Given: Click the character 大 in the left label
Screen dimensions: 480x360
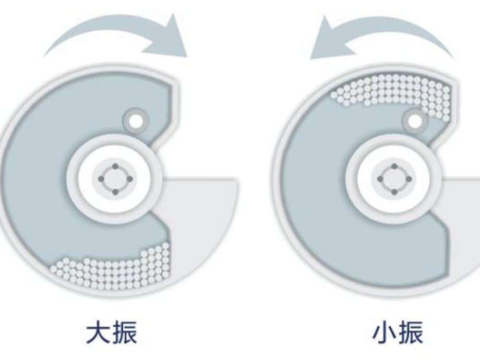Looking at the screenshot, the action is [x=98, y=332].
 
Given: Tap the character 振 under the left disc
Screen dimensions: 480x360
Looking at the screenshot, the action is [x=124, y=332].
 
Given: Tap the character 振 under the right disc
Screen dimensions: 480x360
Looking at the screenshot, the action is [x=411, y=332].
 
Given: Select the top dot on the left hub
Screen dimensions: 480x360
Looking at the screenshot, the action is [x=115, y=166].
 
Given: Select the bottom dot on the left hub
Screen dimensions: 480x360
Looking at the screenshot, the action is [x=115, y=192].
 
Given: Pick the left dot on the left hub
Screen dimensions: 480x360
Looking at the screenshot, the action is [x=101, y=179].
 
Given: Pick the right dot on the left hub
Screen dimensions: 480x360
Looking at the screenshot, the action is [x=129, y=179].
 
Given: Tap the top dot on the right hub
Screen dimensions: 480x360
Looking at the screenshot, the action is [x=394, y=166].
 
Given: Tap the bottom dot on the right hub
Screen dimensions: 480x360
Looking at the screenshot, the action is [x=394, y=192].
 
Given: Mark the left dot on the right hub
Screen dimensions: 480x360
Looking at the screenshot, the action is [x=380, y=179].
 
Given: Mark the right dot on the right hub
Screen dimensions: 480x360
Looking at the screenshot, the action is [x=409, y=179].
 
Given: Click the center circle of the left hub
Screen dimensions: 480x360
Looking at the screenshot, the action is [x=115, y=179].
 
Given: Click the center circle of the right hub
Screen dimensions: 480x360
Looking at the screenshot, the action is [x=394, y=179].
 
